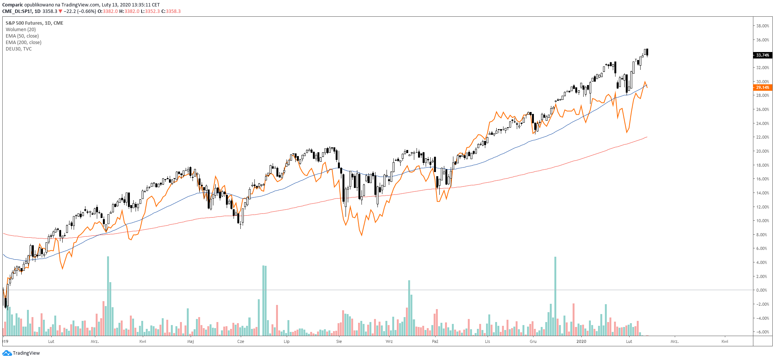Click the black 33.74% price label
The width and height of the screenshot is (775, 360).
[762, 55]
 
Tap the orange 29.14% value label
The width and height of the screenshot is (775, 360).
[762, 87]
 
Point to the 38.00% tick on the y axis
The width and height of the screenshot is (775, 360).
[762, 26]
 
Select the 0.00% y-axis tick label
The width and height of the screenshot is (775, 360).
[762, 290]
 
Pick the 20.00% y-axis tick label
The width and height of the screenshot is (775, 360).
[762, 151]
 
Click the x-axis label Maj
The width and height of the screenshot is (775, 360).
[191, 341]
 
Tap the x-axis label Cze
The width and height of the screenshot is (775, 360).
[241, 341]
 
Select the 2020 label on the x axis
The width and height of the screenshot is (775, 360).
[581, 341]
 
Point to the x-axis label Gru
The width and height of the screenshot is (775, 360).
[533, 341]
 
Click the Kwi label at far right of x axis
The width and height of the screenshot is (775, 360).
[725, 341]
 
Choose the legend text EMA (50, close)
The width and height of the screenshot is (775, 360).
[22, 36]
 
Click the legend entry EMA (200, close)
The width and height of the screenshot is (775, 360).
[24, 43]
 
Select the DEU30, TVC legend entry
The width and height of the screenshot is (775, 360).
[19, 49]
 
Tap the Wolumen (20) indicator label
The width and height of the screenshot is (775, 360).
[21, 30]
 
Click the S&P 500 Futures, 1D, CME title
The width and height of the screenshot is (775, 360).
[34, 23]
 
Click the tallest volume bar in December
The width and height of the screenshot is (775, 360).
[555, 296]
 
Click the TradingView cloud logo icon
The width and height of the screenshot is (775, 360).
[7, 353]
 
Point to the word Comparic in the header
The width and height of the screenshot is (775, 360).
[13, 5]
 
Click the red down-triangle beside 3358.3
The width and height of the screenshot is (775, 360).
[60, 11]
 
